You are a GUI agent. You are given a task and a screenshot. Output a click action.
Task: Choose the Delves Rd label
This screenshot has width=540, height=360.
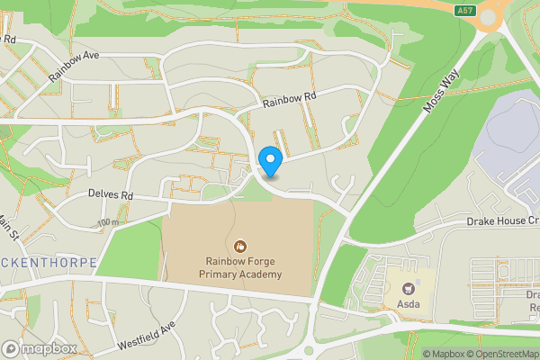click(x=111, y=194)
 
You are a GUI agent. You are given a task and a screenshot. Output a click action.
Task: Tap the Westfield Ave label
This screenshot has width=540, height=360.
click(x=145, y=337)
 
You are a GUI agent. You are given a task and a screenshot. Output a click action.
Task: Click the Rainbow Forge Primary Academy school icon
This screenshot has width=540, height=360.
click(x=240, y=245)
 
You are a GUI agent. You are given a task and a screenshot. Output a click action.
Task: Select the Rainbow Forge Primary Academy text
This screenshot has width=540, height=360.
click(x=240, y=267)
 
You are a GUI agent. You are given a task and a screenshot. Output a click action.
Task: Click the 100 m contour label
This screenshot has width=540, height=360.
click(x=109, y=222)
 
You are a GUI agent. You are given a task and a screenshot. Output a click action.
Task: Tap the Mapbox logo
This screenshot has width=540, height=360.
click(x=40, y=348)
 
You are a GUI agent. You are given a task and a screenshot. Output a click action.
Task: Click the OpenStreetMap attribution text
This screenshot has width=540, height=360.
click(x=501, y=354)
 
